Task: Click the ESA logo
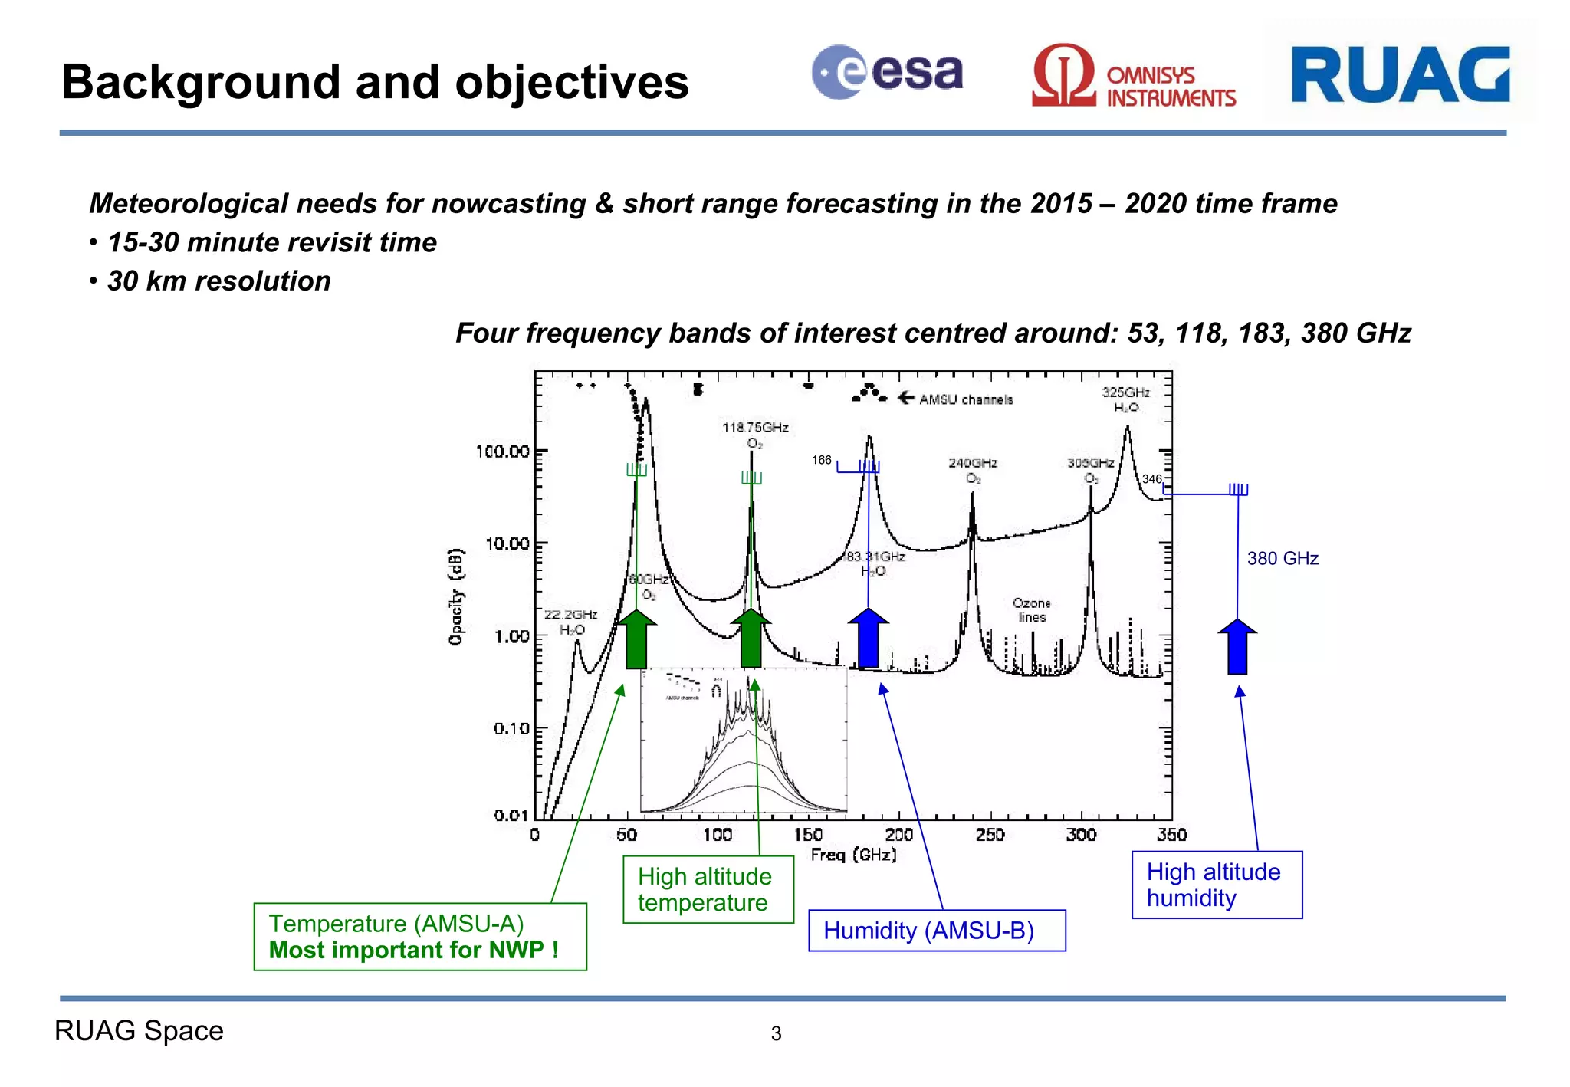886,73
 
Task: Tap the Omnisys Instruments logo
1133,77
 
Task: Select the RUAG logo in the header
1400,74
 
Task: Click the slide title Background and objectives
375,82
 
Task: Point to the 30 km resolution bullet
218,281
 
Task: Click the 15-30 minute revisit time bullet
271,243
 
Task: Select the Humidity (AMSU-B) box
936,931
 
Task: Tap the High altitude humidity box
1217,885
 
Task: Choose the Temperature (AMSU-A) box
419,936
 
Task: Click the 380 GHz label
1282,558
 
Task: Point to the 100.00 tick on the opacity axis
503,452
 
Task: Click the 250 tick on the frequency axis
990,835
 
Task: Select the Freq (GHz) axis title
853,855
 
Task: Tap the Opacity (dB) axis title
456,597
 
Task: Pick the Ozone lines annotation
1031,610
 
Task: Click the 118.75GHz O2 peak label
755,435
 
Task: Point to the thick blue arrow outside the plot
1237,646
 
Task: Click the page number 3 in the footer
776,1033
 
